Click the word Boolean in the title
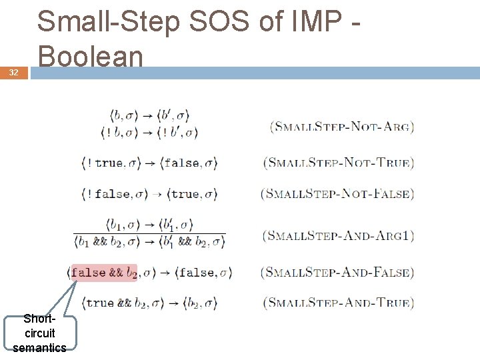pos(90,56)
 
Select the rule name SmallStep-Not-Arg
pos(342,126)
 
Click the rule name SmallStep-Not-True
pos(339,163)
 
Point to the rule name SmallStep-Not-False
pos(337,194)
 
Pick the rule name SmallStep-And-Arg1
pos(339,235)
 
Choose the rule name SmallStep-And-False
pos(339,272)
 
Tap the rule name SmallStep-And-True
pos(339,303)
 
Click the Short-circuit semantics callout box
pos(39,333)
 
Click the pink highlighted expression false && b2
pos(103,272)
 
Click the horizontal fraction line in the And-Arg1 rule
pos(149,234)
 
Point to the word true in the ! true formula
pos(110,163)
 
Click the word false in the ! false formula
pos(113,194)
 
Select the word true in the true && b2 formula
pos(100,303)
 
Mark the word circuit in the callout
pos(39,333)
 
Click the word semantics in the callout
pos(39,347)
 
